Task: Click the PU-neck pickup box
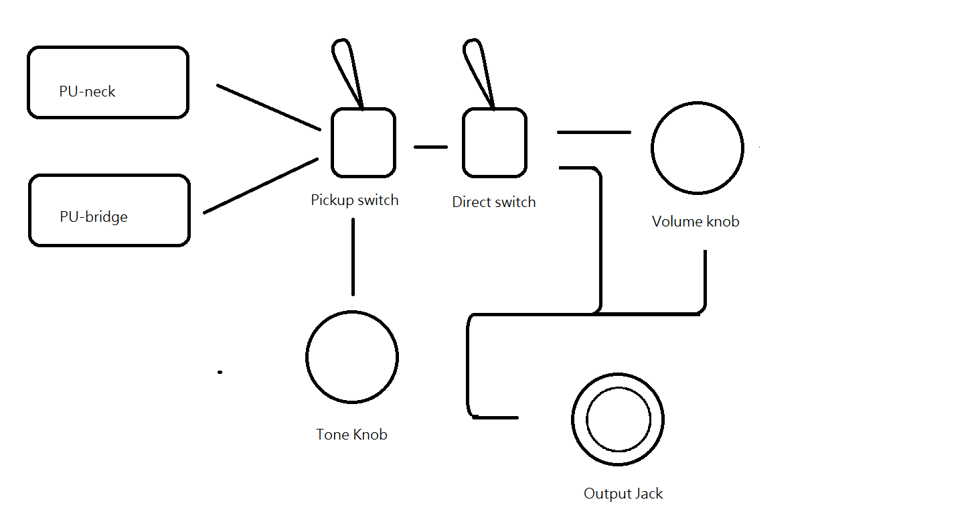point(108,82)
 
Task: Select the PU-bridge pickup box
point(109,210)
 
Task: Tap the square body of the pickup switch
point(363,143)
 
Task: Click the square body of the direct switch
point(494,143)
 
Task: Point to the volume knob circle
point(697,148)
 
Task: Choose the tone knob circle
point(352,356)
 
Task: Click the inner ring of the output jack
point(618,419)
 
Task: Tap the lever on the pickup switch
point(347,72)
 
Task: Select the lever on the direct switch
point(478,72)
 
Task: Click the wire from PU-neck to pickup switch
point(268,107)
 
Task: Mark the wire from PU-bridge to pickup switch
point(261,186)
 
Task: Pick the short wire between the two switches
point(430,147)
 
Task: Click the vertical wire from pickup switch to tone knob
point(353,256)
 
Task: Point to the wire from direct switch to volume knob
point(594,132)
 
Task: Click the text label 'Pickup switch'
point(354,200)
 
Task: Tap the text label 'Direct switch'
point(494,202)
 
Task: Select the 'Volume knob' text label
point(696,221)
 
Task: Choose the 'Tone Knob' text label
point(351,434)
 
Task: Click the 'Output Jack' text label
point(623,494)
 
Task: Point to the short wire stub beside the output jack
point(495,417)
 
